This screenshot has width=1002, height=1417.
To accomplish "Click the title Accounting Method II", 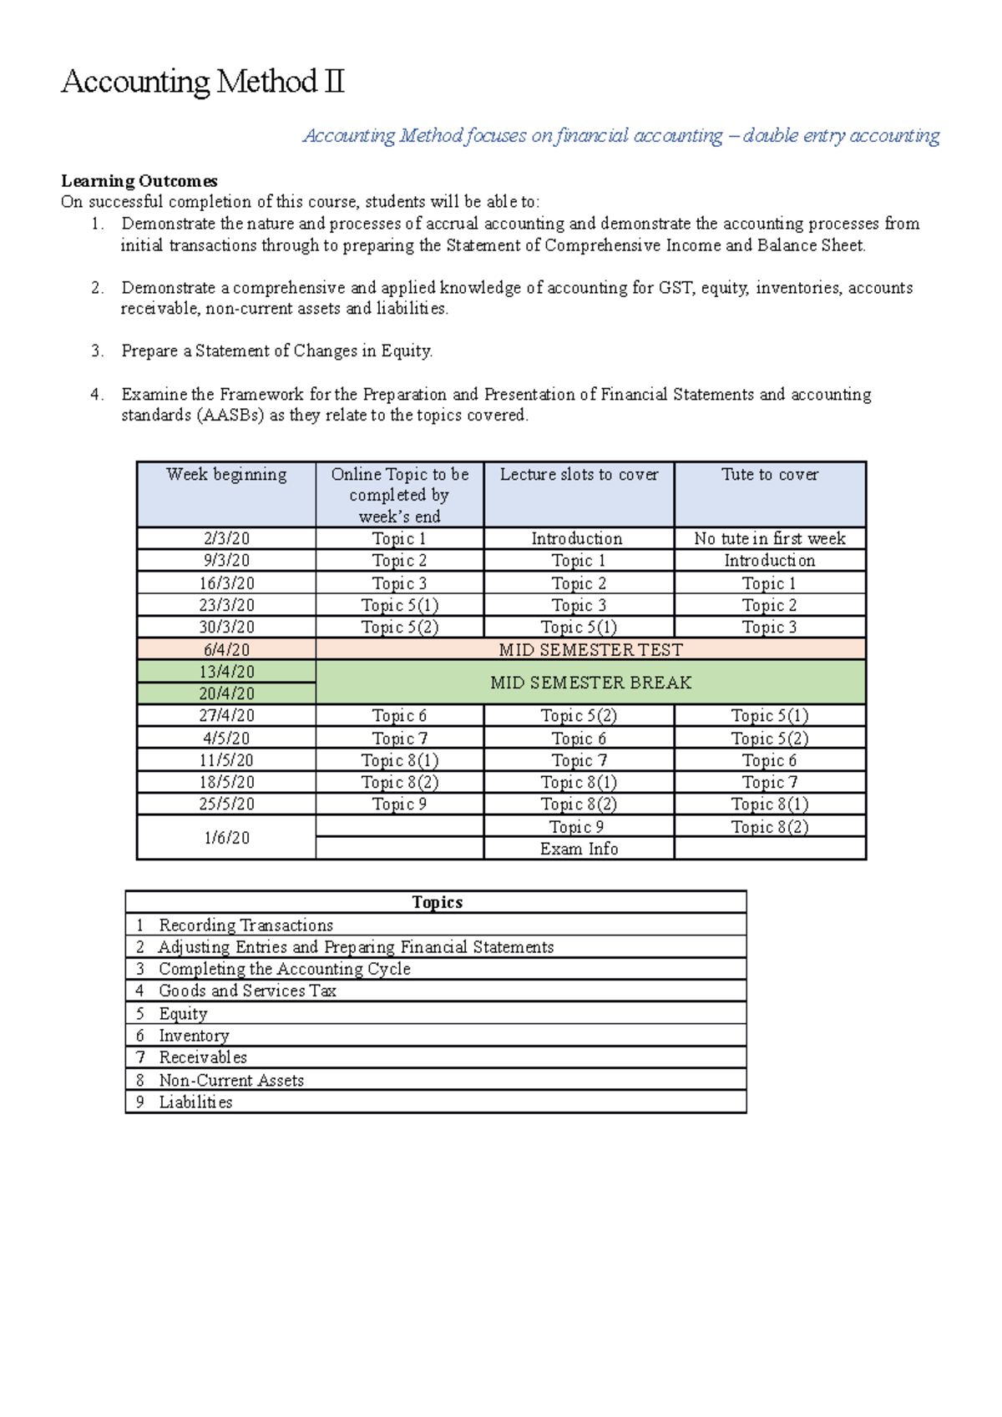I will [203, 82].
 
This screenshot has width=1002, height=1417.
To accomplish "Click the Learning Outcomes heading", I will [139, 181].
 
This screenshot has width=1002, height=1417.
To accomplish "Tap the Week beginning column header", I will [226, 475].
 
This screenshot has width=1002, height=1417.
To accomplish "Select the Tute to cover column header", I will [770, 475].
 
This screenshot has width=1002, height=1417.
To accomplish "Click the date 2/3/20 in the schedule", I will [226, 539].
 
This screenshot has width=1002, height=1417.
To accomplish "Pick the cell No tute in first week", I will [770, 539].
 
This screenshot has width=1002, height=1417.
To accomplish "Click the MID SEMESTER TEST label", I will [590, 650].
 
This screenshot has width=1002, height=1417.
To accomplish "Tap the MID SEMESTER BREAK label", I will [590, 683].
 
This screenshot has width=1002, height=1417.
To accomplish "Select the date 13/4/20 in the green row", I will [226, 672].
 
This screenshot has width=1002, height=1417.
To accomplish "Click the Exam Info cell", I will [579, 849].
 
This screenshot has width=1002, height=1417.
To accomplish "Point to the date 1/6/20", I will [226, 838].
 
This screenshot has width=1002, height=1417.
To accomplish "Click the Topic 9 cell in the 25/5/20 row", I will [399, 804].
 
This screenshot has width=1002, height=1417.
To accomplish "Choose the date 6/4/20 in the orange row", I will [226, 650].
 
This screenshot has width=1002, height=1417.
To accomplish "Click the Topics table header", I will [437, 902].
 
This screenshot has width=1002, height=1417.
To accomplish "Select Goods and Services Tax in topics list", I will [247, 991].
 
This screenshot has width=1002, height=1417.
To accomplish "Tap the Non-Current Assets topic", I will [231, 1081].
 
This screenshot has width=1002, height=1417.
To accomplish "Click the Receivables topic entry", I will [203, 1058].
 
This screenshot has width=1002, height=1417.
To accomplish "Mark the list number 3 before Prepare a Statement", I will [97, 351].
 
